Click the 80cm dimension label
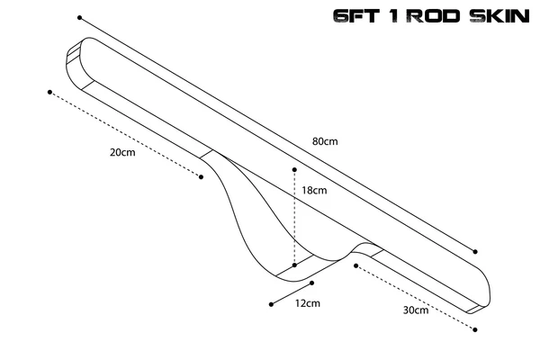pyautogui.click(x=325, y=141)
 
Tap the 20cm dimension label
pyautogui.click(x=122, y=152)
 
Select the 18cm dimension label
pyautogui.click(x=314, y=190)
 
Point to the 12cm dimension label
pyautogui.click(x=308, y=303)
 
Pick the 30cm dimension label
pyautogui.click(x=416, y=310)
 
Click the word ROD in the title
pyautogui.click(x=435, y=16)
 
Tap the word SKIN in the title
pyautogui.click(x=499, y=16)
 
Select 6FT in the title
pyautogui.click(x=356, y=16)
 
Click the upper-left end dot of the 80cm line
pyautogui.click(x=79, y=18)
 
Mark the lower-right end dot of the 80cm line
pyautogui.click(x=475, y=252)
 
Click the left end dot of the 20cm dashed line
pyautogui.click(x=49, y=92)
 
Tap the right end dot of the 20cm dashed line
pyautogui.click(x=201, y=177)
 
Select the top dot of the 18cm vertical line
pyautogui.click(x=294, y=170)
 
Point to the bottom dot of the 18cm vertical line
pyautogui.click(x=294, y=265)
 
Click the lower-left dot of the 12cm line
pyautogui.click(x=272, y=304)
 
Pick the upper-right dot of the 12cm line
pyautogui.click(x=312, y=283)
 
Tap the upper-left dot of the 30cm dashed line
pyautogui.click(x=356, y=265)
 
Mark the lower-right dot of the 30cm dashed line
pyautogui.click(x=475, y=329)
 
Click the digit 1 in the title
pyautogui.click(x=396, y=16)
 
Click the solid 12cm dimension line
pyautogui.click(x=292, y=293)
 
